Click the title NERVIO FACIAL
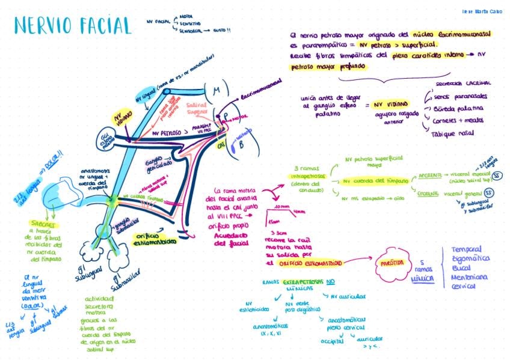[x=72, y=25]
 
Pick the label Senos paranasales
[x=461, y=96]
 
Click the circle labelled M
[x=217, y=90]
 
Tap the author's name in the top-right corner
[x=482, y=11]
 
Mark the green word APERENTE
[x=432, y=174]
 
